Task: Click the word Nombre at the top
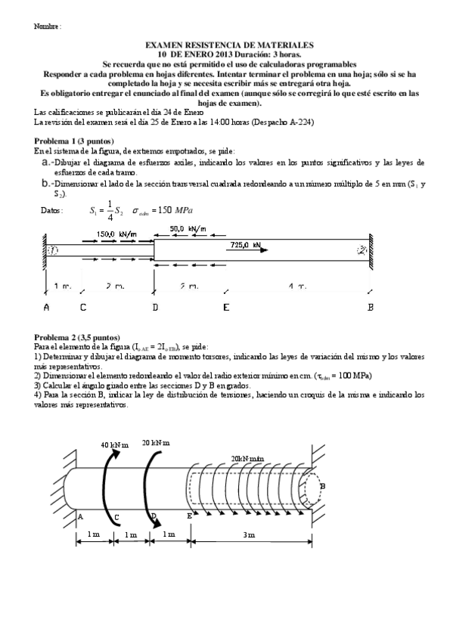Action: tap(46, 26)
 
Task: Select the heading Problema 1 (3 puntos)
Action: tap(74, 141)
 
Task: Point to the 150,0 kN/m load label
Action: tap(116, 234)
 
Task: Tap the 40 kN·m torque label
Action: tap(116, 445)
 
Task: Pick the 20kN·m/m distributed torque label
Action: tap(248, 459)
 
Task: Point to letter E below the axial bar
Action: tap(226, 308)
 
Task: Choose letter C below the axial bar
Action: tap(82, 308)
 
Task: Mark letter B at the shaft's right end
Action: tap(323, 486)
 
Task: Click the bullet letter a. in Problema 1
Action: tap(46, 162)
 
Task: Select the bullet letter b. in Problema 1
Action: tap(46, 184)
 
